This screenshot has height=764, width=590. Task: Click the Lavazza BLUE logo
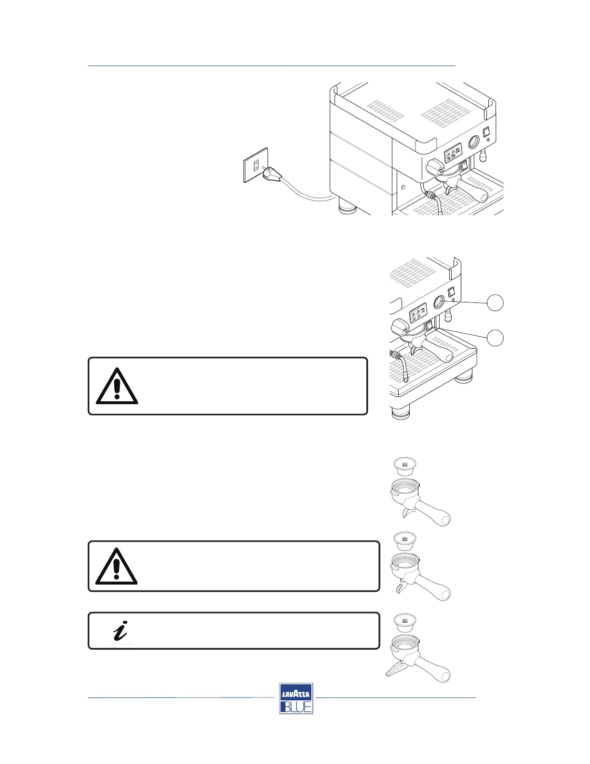pos(296,698)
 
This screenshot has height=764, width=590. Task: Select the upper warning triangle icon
pos(117,386)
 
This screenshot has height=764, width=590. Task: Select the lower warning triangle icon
pos(116,566)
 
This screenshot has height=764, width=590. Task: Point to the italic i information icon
pos(120,631)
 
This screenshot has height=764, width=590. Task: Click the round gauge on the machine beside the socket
pos(474,143)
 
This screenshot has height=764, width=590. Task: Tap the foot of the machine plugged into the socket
pos(347,209)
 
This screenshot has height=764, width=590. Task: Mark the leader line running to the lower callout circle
pos(463,333)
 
